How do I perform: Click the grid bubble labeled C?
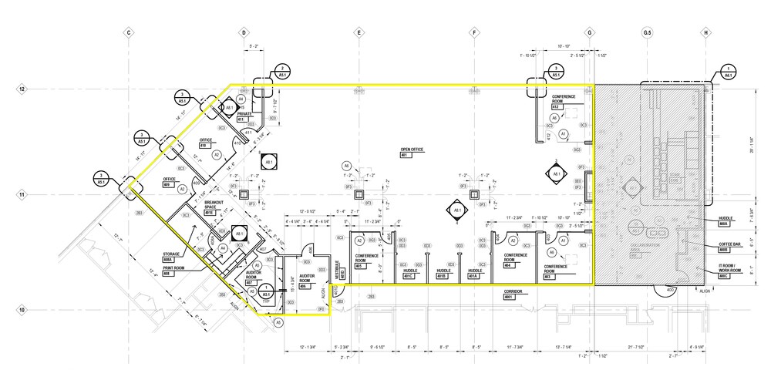tap(129, 33)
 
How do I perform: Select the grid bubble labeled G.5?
tap(647, 33)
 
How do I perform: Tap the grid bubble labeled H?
tap(705, 33)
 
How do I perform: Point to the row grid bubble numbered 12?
tap(22, 89)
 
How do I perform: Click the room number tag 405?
tap(361, 267)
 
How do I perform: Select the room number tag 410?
tap(204, 145)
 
